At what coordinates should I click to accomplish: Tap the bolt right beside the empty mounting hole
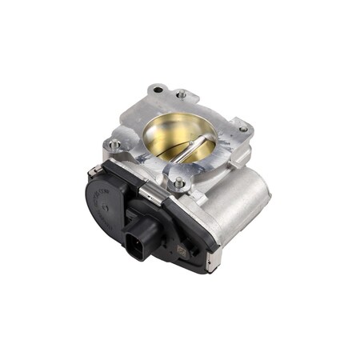[x=182, y=94]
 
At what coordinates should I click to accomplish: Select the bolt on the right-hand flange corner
[x=242, y=129]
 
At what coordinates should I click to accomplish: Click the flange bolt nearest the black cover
[x=179, y=183]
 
